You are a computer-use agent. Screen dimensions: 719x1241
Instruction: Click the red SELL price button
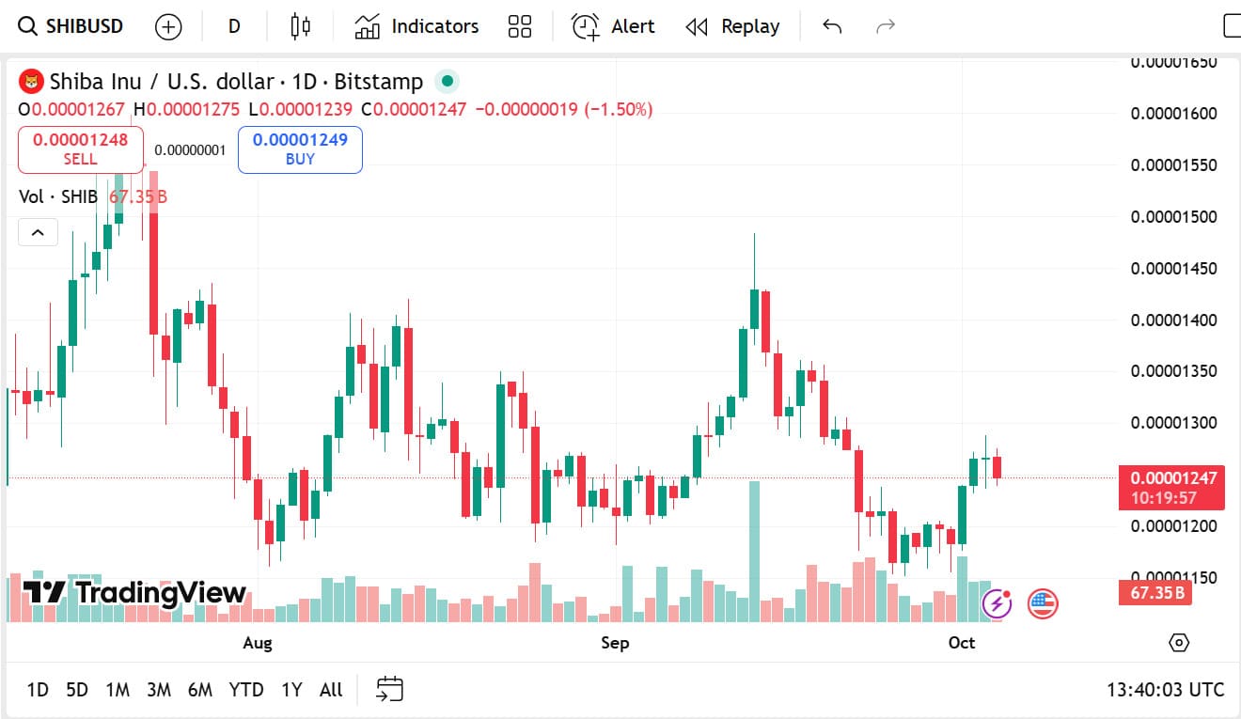(x=81, y=149)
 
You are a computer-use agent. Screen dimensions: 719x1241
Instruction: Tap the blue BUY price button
(x=300, y=149)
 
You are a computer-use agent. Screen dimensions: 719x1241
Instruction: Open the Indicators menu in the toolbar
(x=416, y=26)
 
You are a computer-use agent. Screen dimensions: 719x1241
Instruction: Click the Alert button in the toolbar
(x=614, y=26)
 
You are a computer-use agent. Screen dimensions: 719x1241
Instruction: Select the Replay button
(x=732, y=26)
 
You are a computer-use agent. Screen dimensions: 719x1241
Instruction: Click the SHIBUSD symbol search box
(x=71, y=26)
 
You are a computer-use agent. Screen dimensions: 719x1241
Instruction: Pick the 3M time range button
(x=159, y=690)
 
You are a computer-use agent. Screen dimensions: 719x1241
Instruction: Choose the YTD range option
(x=246, y=690)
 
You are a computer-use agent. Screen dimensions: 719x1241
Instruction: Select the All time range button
(x=331, y=690)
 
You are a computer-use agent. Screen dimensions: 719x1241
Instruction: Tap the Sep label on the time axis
(x=615, y=643)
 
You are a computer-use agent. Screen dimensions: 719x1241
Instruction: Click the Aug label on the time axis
(x=257, y=643)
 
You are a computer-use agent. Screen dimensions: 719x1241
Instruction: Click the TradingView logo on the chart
(x=134, y=592)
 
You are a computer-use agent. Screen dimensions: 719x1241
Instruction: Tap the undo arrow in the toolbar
(x=832, y=26)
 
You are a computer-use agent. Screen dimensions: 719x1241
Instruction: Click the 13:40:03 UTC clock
(x=1165, y=690)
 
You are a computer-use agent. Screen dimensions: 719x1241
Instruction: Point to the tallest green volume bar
(x=754, y=551)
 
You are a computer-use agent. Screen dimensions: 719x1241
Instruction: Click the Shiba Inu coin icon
(x=32, y=82)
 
